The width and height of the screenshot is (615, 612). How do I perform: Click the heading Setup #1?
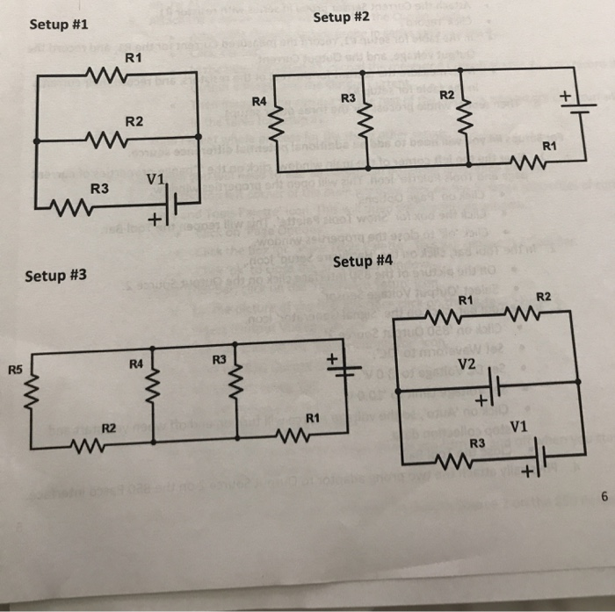click(59, 24)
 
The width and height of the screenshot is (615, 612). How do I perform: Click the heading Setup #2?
click(342, 18)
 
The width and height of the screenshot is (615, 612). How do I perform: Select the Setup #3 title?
click(56, 276)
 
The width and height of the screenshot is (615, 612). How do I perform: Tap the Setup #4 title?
click(363, 261)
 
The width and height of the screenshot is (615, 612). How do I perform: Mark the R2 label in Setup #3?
click(109, 428)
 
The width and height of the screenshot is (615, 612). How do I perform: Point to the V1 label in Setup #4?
click(517, 427)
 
